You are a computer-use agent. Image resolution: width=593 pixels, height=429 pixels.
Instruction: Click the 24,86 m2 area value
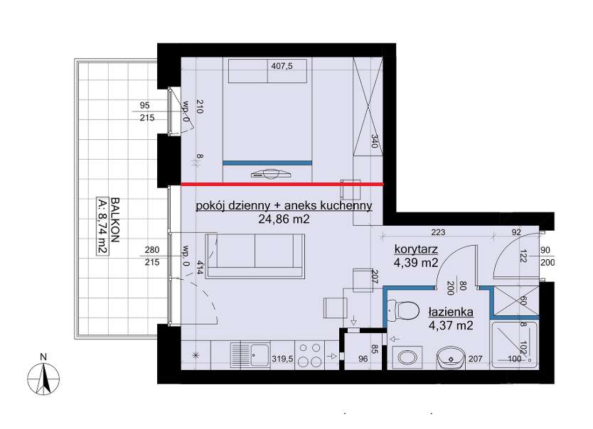(284, 218)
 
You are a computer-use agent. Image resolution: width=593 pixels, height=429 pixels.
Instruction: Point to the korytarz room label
(416, 249)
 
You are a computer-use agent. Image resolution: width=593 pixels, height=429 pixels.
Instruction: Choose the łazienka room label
(451, 313)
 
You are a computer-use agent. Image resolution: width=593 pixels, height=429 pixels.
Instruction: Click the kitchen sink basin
(260, 355)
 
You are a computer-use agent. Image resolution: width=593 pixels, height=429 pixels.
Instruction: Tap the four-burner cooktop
(310, 355)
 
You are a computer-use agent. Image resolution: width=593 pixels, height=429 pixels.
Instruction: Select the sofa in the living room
(255, 256)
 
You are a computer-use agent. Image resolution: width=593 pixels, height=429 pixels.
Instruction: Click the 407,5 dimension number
(282, 66)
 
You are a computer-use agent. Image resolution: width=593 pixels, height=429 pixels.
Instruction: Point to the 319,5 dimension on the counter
(282, 359)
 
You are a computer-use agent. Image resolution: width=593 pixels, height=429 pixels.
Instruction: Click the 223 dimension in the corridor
(438, 232)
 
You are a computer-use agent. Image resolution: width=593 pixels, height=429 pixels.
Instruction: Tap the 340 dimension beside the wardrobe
(375, 141)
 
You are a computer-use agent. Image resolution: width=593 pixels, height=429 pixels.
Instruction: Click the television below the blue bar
(271, 174)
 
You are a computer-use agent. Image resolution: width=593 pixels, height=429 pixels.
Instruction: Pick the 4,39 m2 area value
(416, 263)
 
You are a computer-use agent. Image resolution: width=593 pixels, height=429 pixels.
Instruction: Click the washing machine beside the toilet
(407, 357)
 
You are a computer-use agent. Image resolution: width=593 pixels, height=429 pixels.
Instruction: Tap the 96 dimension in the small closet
(363, 359)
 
